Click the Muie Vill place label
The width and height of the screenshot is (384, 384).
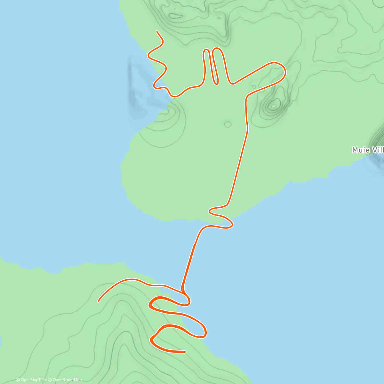368,150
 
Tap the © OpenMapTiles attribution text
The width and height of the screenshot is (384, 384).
31,380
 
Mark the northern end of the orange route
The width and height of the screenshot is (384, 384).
157,32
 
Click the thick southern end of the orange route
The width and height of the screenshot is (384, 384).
185,352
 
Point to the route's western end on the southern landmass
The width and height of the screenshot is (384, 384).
99,301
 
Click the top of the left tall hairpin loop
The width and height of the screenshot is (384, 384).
207,50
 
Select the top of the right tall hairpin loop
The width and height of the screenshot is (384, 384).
217,49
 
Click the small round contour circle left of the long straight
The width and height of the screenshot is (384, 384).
228,124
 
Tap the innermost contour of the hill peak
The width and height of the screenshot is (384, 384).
274,105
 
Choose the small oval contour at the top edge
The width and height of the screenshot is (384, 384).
175,15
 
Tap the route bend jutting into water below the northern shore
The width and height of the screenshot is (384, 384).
231,225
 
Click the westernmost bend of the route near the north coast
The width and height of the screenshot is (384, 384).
148,55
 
